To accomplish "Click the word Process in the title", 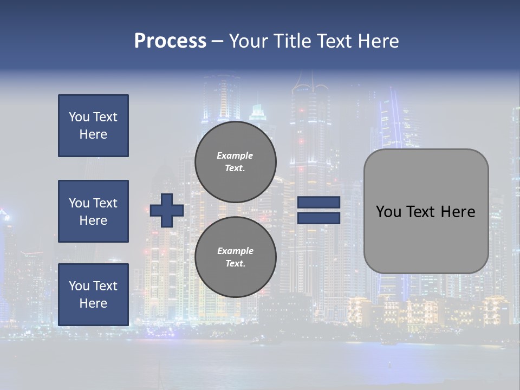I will point(170,41).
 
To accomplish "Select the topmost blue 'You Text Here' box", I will point(93,126).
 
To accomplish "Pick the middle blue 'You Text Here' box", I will point(93,211).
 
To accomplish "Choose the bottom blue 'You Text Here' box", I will point(93,295).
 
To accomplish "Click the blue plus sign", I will point(167,210).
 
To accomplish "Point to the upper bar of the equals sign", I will point(318,202).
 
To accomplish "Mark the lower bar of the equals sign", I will point(318,218).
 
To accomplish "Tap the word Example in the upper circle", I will point(235,155).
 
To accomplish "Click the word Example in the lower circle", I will point(235,251).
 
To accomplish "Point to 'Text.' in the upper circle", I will point(235,168).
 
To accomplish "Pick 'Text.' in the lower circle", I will point(235,263).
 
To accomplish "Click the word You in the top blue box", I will point(79,117).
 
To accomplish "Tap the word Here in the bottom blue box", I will point(93,303).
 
